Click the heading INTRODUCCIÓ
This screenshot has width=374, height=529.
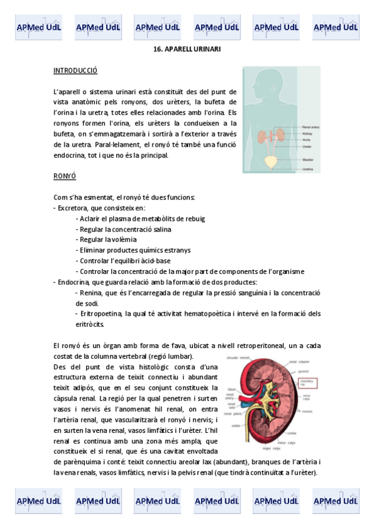click(76, 70)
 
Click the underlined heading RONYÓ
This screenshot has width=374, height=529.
click(65, 177)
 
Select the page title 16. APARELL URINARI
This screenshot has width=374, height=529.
click(187, 49)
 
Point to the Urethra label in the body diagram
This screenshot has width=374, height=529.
click(308, 169)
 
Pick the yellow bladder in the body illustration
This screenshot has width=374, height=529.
click(270, 162)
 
